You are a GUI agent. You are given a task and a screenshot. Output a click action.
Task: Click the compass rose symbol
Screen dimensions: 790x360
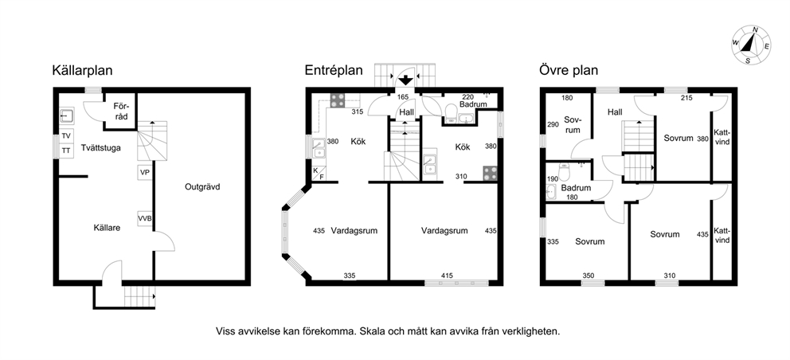coord(751,45)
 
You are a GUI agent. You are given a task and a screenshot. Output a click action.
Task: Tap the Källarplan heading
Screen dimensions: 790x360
coord(83,70)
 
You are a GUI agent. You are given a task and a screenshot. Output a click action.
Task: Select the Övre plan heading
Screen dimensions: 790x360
coord(569,70)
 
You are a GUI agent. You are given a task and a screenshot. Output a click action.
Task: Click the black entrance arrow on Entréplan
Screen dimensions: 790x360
coord(405,80)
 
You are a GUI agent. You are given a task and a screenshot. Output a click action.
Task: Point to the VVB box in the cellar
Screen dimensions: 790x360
coord(145,218)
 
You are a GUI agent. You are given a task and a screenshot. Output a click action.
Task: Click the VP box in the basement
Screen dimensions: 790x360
coord(145,173)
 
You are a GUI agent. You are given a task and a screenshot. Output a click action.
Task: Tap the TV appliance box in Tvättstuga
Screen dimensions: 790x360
coord(67,136)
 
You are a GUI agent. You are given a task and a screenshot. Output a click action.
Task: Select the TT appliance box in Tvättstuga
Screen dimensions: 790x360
coord(67,151)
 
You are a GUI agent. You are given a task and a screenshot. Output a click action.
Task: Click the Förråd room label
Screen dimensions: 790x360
coord(121,112)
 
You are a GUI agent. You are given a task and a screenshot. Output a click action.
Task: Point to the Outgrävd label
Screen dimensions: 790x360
coord(202,186)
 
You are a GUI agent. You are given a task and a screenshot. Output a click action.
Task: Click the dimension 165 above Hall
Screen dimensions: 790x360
coord(402,97)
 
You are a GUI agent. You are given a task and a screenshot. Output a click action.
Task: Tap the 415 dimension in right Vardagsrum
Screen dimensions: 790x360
coord(447,276)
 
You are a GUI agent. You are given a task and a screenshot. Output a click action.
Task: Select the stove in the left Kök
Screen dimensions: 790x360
coord(337,100)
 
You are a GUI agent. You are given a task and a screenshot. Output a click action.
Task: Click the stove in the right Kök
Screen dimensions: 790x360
coord(491,174)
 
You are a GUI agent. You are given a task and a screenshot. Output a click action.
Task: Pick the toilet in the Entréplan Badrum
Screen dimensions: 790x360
coord(451,112)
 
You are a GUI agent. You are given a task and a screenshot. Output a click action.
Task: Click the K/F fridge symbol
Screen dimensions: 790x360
coord(319,174)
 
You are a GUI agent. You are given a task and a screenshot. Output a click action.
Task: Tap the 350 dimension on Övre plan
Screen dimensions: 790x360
coord(588,276)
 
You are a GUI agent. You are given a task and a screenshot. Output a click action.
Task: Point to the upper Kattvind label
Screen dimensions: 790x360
coord(722,138)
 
